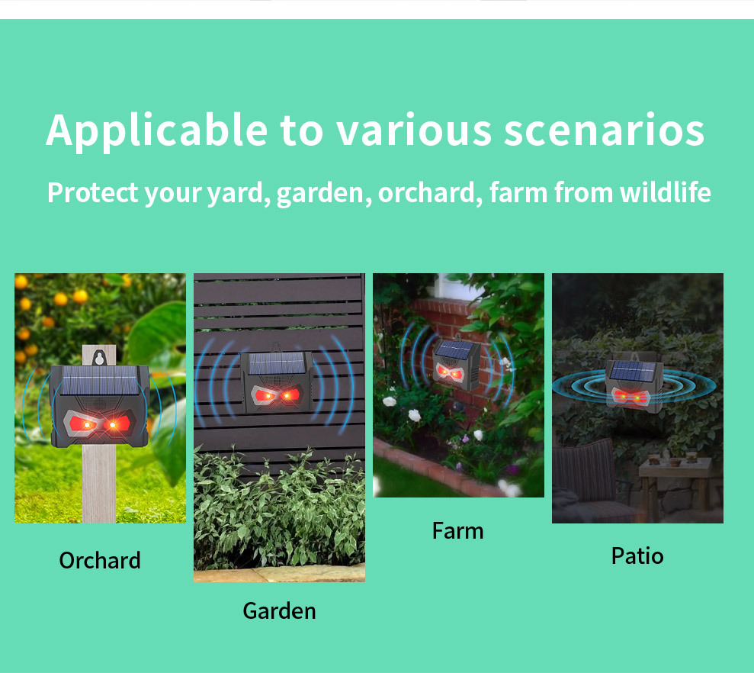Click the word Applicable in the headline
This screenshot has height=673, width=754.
157,130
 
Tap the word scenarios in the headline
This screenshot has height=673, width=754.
604,130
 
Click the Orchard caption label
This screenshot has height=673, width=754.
100,560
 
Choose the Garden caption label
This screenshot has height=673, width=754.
279,611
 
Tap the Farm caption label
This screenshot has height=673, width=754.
457,531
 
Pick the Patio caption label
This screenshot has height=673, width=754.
637,556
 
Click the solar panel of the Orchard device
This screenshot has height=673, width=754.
100,380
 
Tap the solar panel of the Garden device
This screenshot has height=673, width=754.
277,363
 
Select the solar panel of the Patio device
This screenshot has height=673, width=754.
633,371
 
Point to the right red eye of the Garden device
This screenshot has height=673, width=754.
290,396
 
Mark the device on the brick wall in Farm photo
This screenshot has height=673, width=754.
455,364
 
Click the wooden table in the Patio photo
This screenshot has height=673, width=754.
674,486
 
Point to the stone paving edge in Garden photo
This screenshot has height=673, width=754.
279,573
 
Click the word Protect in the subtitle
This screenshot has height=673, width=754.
93,192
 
